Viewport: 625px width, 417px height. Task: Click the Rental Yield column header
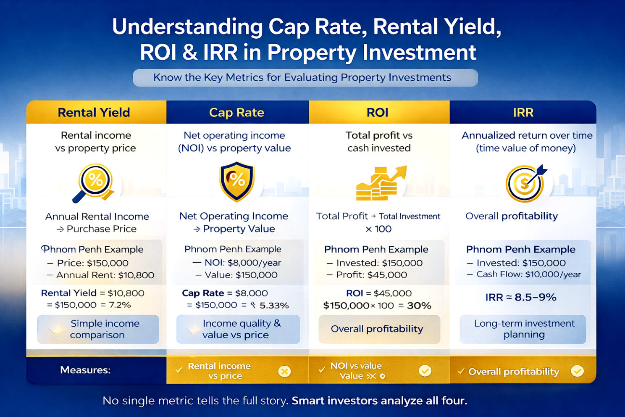[94, 113]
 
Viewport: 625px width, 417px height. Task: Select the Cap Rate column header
[237, 113]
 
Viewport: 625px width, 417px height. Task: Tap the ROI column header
[378, 113]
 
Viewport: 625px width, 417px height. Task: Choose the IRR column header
[523, 113]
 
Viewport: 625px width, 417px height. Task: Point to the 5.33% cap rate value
[274, 306]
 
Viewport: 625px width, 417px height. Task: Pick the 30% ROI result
[419, 306]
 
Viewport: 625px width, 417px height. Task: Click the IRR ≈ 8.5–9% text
[521, 298]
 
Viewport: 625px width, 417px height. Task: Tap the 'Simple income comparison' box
[98, 329]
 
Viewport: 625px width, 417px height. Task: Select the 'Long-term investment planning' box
[523, 329]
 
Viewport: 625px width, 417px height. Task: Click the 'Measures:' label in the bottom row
[85, 370]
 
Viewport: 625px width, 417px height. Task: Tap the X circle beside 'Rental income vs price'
[285, 371]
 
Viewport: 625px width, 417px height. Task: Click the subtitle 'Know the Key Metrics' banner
[305, 78]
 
